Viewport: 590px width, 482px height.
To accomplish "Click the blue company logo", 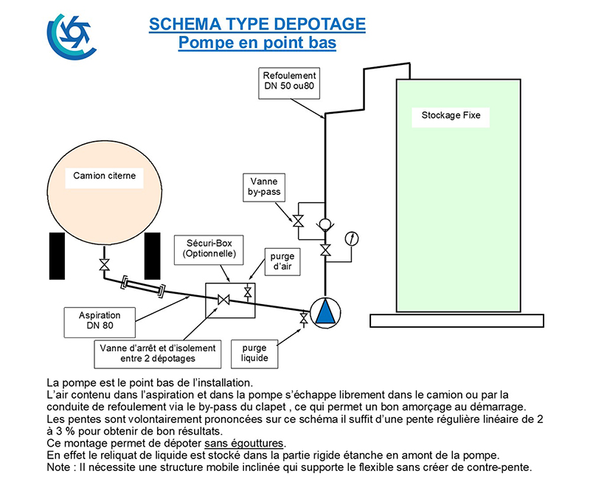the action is click(71, 36).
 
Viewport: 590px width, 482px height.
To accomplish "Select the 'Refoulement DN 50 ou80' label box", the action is click(289, 83).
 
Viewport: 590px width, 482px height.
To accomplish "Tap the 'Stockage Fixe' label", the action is click(451, 115).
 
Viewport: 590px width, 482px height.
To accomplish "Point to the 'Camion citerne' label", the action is click(104, 176).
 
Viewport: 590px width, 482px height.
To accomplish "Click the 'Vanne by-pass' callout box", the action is click(264, 187).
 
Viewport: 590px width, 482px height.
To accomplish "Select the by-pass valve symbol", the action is click(299, 221).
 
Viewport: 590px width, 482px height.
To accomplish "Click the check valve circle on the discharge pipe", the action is click(324, 224).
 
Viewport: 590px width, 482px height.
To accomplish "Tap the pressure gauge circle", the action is click(352, 238).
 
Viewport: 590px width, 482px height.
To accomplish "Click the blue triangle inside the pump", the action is click(325, 311).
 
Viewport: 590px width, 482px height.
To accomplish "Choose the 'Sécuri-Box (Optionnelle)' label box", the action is click(209, 250).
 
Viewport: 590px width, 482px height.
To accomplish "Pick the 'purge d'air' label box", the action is click(282, 262).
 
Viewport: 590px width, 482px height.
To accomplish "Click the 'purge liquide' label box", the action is click(254, 354).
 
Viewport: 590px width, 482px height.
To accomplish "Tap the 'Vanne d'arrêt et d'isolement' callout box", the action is click(158, 354).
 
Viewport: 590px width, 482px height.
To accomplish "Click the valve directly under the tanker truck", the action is click(104, 264).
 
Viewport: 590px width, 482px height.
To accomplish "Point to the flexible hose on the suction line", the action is click(143, 287).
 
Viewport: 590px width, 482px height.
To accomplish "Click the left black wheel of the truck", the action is click(58, 256).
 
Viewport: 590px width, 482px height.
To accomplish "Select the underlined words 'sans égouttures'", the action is click(245, 443).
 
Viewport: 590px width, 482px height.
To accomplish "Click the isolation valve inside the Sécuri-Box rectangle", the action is click(223, 300).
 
